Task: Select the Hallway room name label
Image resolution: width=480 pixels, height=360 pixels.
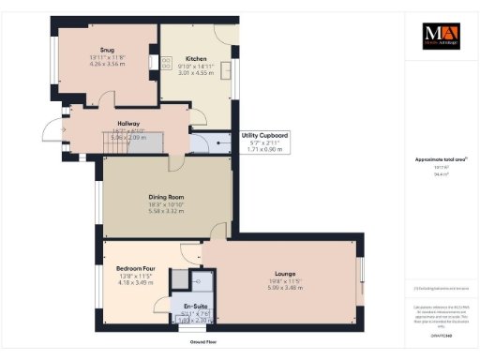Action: point(128,123)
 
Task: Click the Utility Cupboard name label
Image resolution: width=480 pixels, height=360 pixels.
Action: point(264,136)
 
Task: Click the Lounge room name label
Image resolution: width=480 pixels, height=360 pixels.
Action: point(278,272)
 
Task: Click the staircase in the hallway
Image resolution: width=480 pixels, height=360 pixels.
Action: point(141,142)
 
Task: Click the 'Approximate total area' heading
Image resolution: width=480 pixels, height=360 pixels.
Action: point(437,159)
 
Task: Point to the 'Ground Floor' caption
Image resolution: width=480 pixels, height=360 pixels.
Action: point(192,342)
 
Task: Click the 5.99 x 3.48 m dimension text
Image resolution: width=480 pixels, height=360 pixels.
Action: point(278,286)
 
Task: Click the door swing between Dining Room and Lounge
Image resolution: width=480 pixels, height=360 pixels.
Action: point(218,231)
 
